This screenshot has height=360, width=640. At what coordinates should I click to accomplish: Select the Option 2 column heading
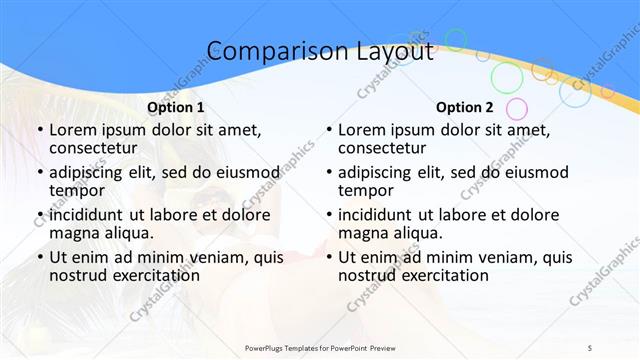(x=465, y=107)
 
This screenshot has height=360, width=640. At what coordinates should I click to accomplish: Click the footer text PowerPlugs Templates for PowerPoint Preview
(x=320, y=347)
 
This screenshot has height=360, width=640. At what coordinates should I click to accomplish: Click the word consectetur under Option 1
(x=99, y=149)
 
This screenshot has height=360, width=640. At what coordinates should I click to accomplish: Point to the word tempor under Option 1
(x=78, y=191)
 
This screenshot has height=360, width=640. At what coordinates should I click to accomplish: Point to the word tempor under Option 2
(x=367, y=191)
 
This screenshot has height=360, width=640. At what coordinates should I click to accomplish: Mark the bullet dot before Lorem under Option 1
(x=39, y=130)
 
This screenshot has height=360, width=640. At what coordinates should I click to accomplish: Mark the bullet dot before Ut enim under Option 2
(x=328, y=257)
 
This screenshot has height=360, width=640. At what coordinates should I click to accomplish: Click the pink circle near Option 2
(x=516, y=108)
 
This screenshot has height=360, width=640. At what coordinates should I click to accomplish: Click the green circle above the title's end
(x=456, y=40)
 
